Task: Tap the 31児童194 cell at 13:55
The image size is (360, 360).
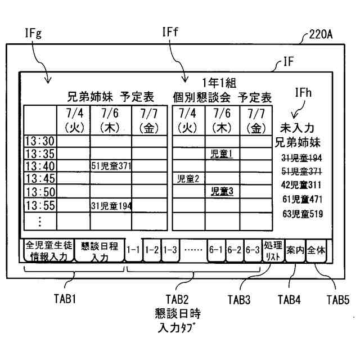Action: tap(111, 205)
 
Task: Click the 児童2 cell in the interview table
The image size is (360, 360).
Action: tap(188, 179)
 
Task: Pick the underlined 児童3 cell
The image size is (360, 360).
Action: tap(222, 192)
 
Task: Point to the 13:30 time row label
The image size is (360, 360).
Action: tap(40, 140)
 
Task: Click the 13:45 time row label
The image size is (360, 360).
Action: tap(40, 179)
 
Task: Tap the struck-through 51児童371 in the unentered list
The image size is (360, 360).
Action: tap(302, 171)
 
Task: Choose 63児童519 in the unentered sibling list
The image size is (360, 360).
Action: tap(302, 214)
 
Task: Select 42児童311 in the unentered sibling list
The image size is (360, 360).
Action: tap(302, 184)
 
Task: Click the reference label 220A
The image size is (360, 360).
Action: tap(321, 35)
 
